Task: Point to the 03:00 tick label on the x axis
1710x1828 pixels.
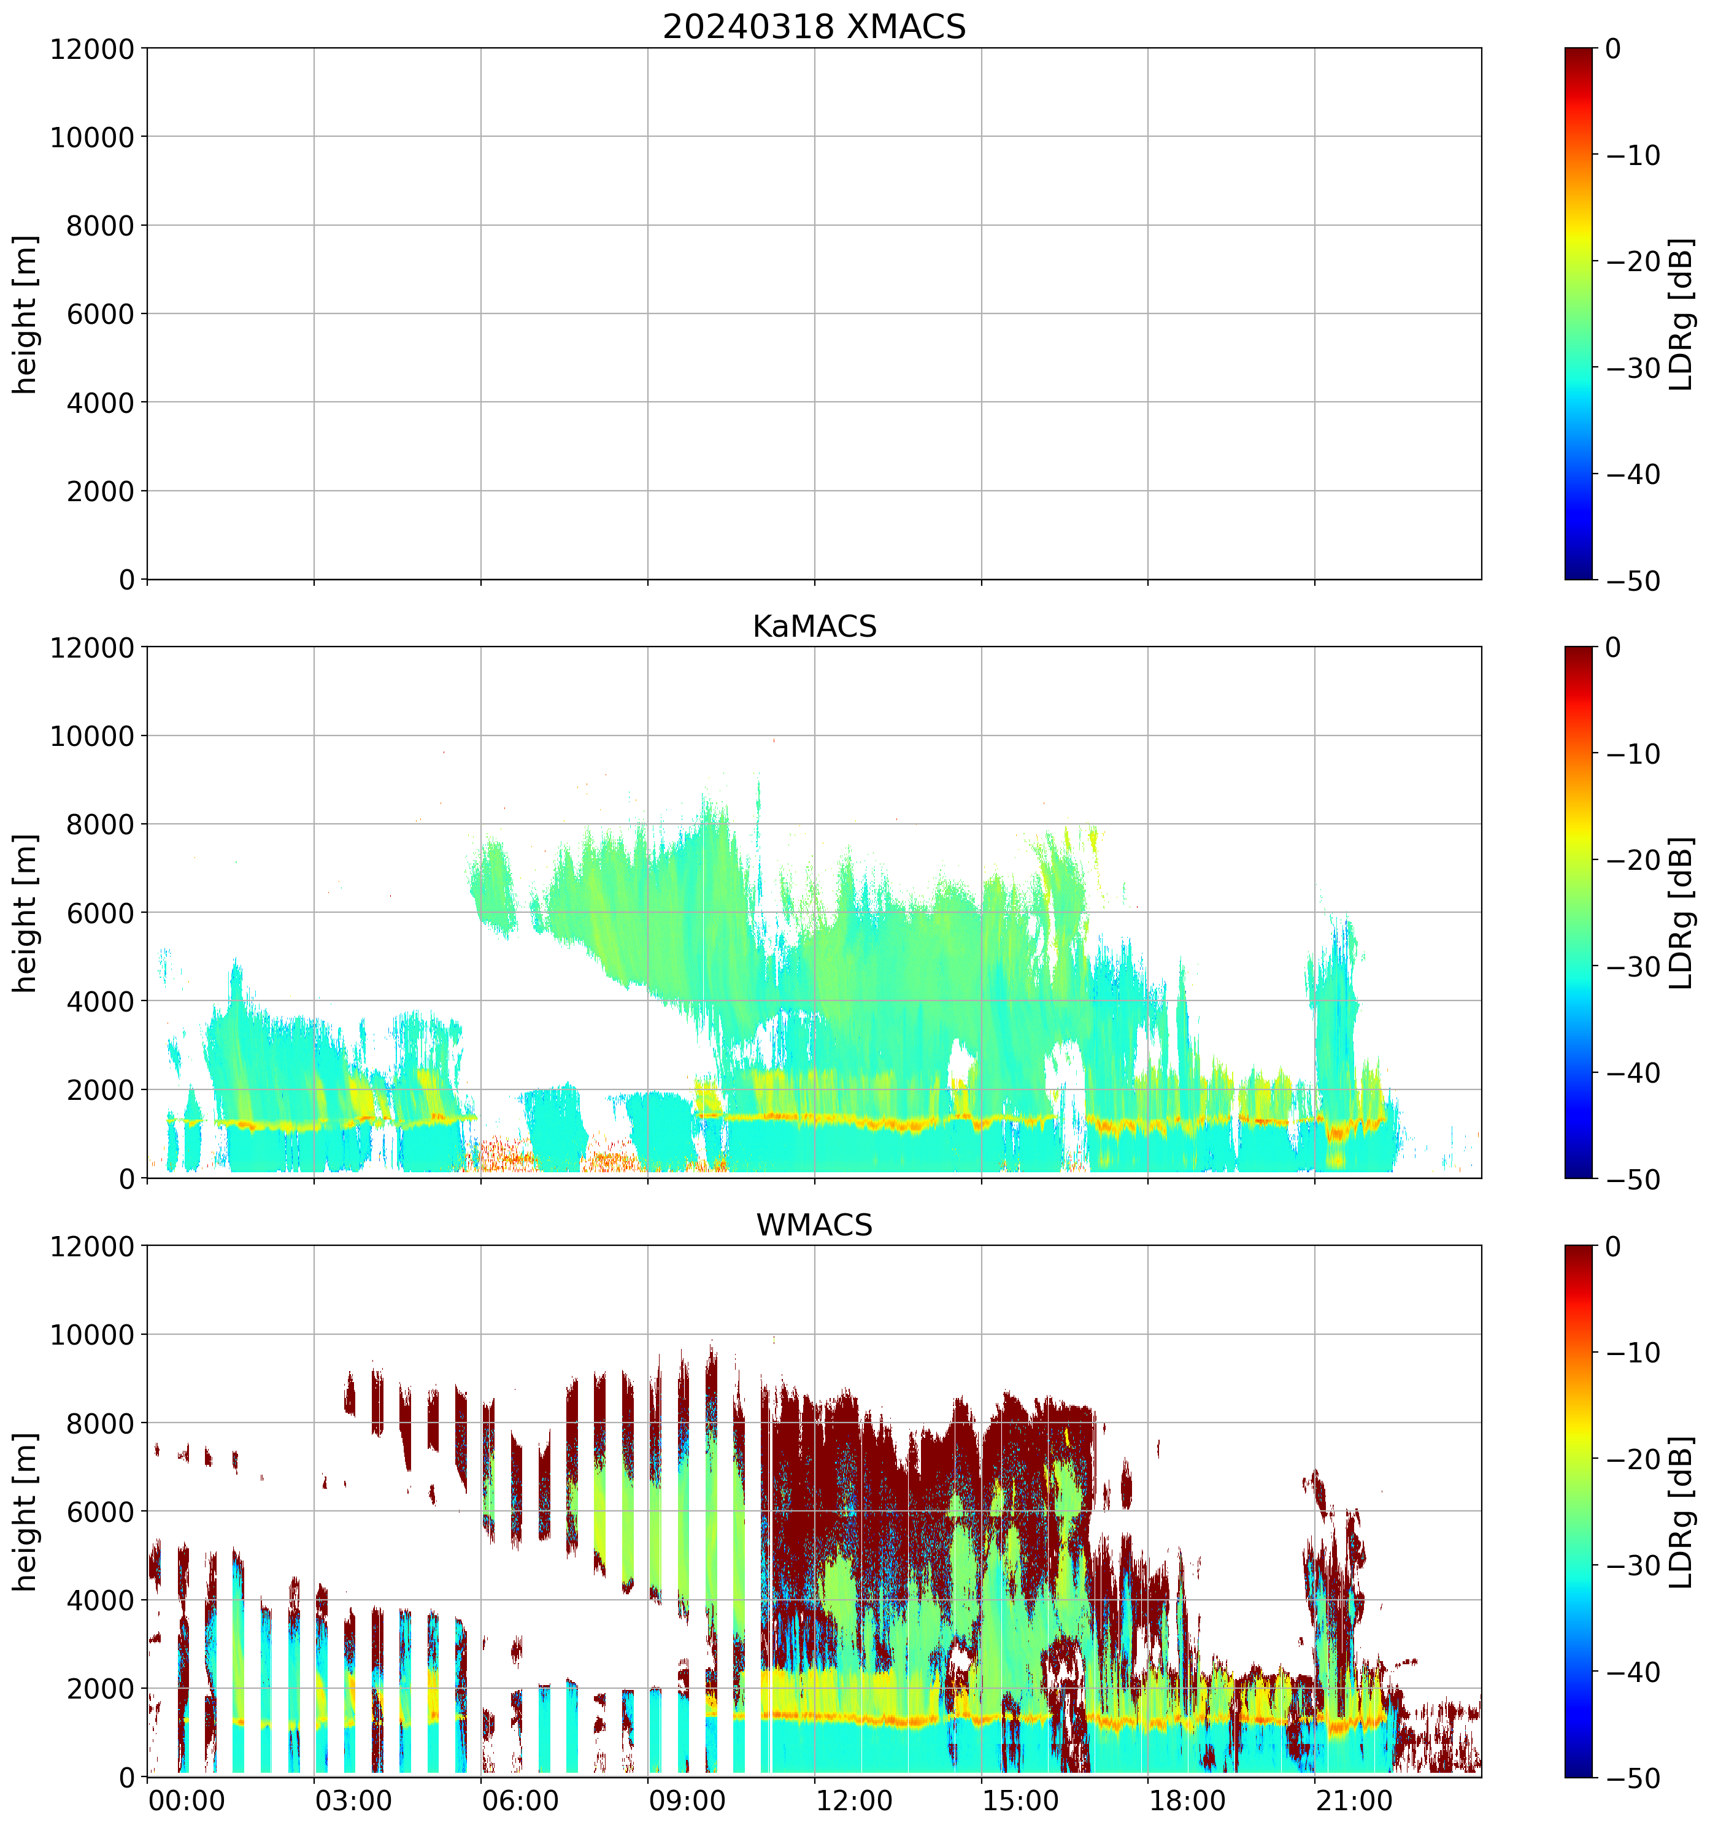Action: point(353,1800)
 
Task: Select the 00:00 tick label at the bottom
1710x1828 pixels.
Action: point(187,1800)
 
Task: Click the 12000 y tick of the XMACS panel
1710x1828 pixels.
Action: point(92,48)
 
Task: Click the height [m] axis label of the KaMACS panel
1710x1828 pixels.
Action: point(26,913)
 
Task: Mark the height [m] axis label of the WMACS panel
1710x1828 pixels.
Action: point(26,1511)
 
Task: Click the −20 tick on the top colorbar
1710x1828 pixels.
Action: point(1633,262)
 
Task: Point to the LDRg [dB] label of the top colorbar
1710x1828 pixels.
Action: point(1682,315)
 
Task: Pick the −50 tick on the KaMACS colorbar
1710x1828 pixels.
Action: point(1633,1180)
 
